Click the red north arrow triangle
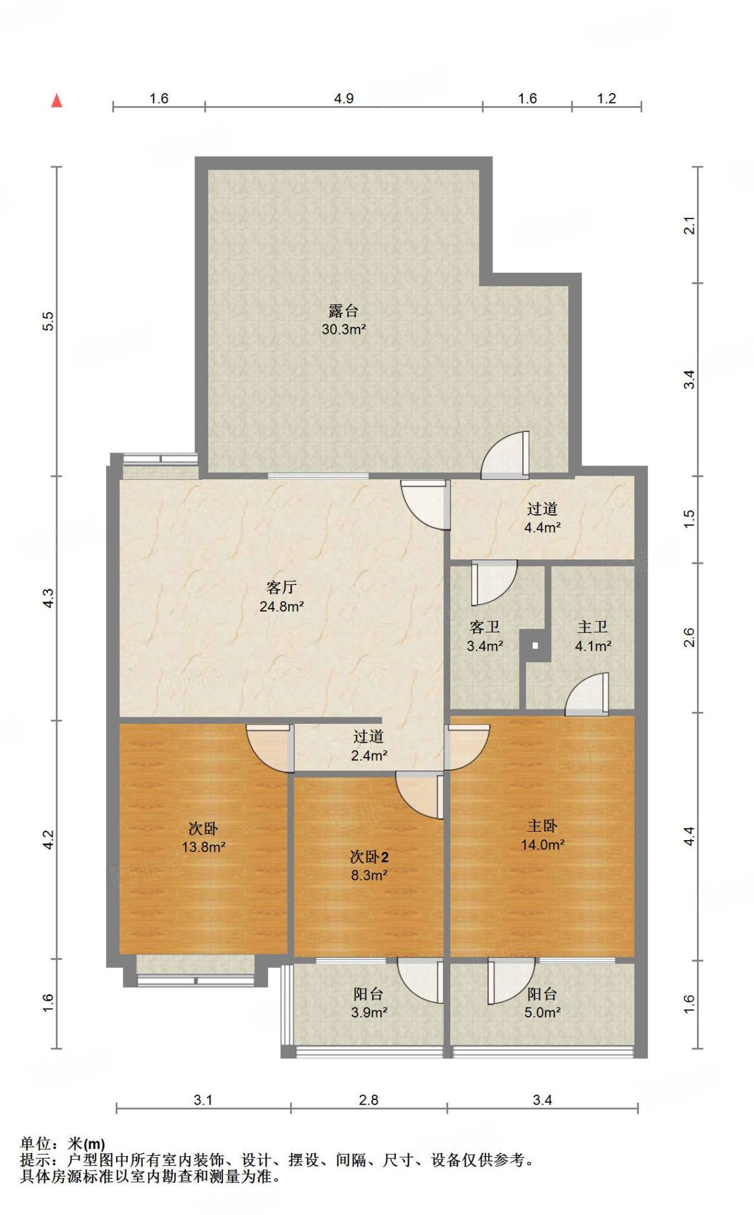point(57,100)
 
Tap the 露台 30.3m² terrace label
point(343,320)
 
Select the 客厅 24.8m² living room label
point(282,597)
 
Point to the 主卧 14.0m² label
point(542,835)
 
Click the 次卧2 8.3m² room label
point(369,866)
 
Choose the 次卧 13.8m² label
point(203,838)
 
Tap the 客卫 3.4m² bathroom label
point(485,637)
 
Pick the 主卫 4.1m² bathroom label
point(593,637)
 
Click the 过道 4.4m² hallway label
point(542,518)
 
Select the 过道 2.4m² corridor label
point(368,746)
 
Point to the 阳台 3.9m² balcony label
point(368,1003)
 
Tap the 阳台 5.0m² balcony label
point(542,1003)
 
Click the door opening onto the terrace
point(505,455)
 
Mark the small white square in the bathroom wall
point(535,645)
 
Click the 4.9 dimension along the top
point(344,98)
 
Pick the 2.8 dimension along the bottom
point(368,1100)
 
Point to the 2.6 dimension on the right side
point(689,638)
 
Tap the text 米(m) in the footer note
point(86,1143)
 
